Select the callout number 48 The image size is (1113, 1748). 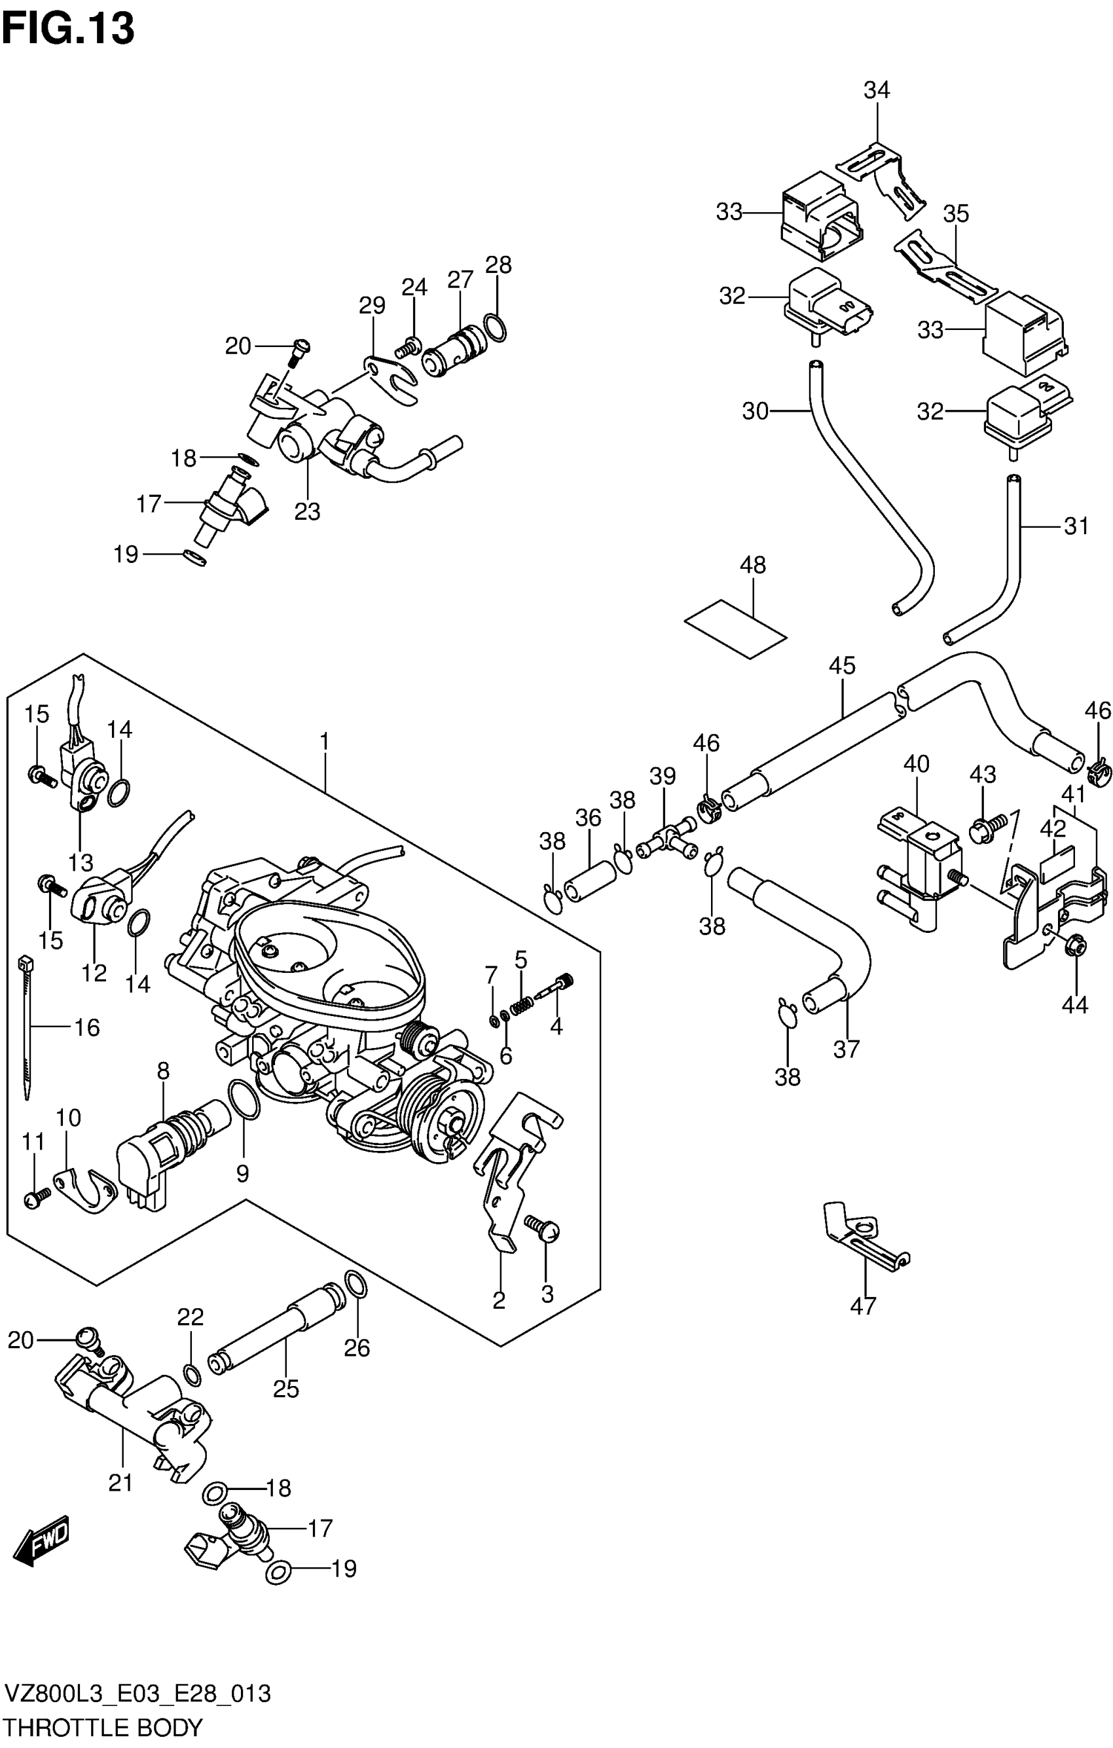click(753, 565)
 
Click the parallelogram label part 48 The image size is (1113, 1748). click(735, 628)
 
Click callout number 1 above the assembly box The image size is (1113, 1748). click(325, 741)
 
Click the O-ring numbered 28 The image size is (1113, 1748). click(495, 327)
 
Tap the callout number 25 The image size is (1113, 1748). click(286, 1389)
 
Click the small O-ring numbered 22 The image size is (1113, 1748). click(192, 1374)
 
